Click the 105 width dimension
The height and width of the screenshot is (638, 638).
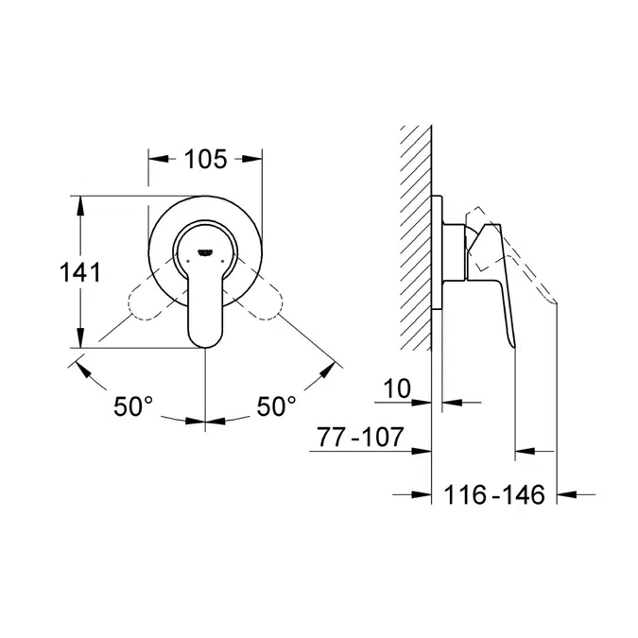pyautogui.click(x=205, y=159)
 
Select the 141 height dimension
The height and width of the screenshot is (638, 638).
pyautogui.click(x=80, y=272)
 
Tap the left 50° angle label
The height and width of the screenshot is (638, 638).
pyautogui.click(x=134, y=406)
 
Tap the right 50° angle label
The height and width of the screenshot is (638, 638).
pyautogui.click(x=277, y=406)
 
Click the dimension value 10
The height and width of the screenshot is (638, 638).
pyautogui.click(x=398, y=388)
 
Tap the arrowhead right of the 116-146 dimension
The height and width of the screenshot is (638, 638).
pyautogui.click(x=567, y=492)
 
